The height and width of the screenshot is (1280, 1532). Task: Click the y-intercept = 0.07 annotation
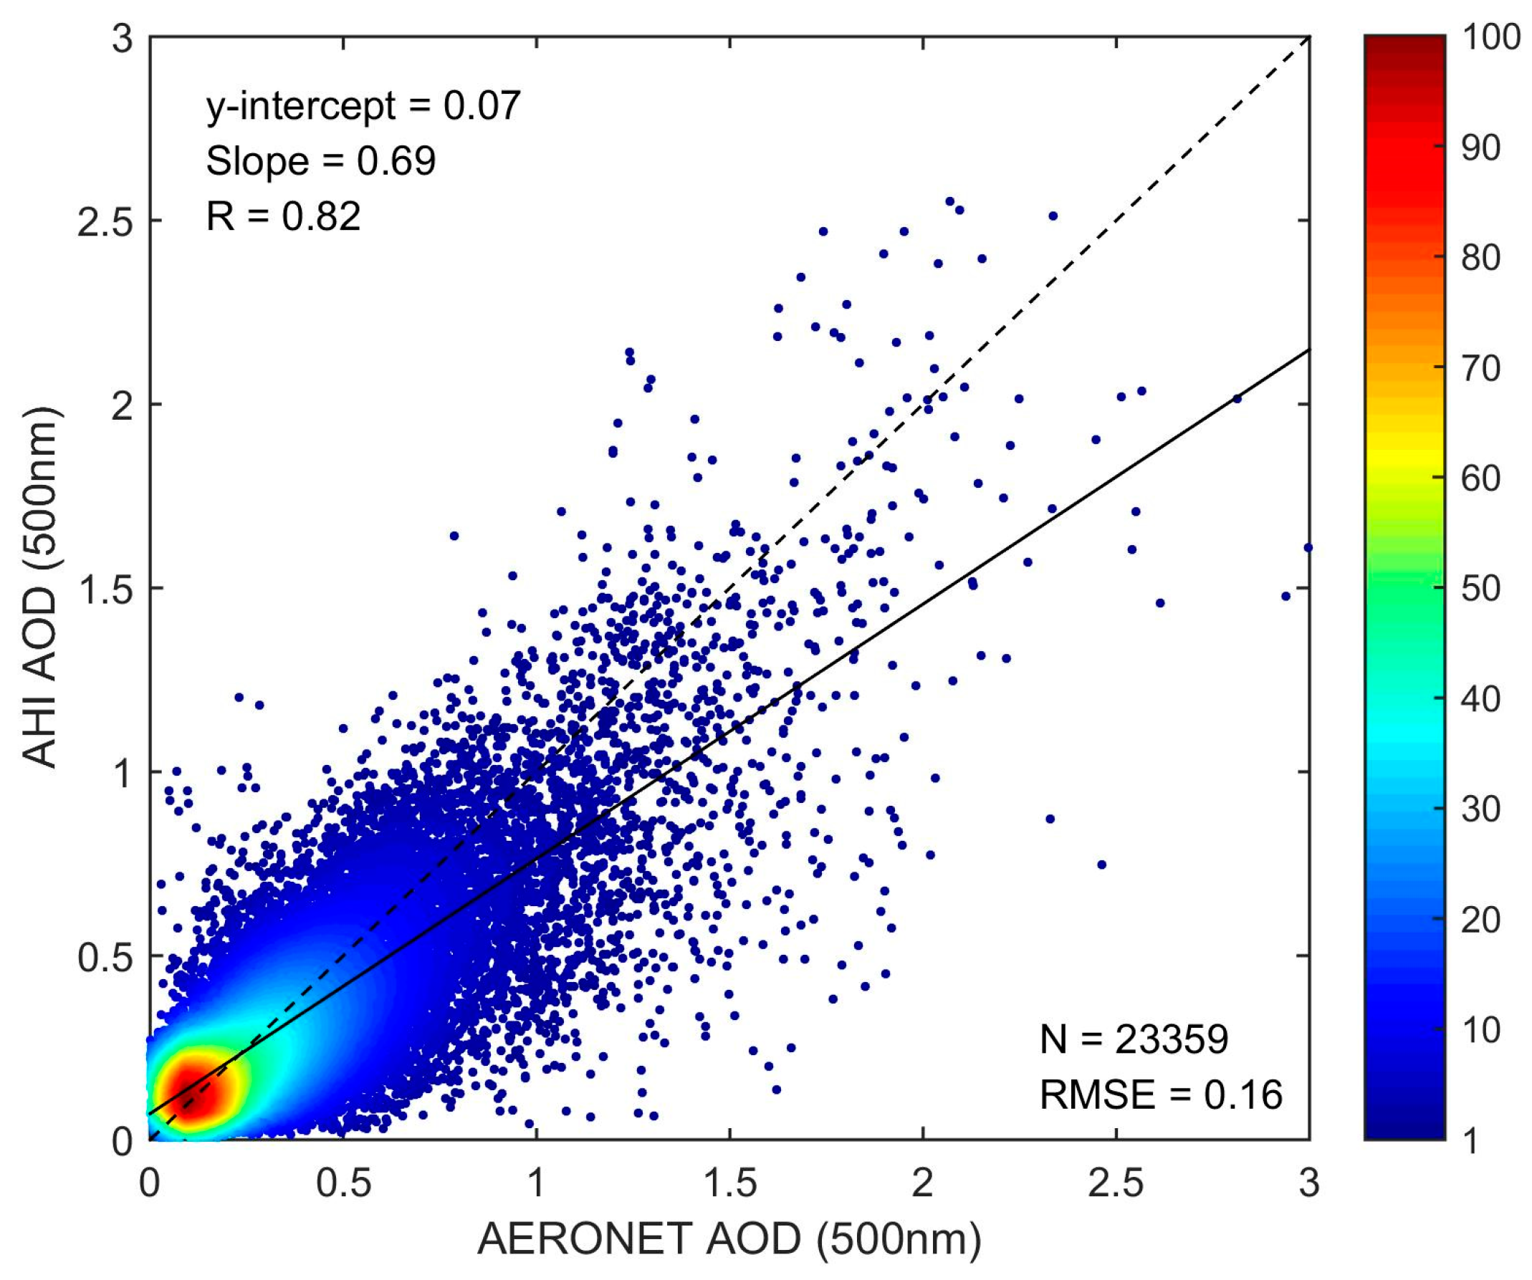(x=363, y=106)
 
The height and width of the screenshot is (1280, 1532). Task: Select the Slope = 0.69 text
(x=320, y=161)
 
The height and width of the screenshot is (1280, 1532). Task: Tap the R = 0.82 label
(x=283, y=216)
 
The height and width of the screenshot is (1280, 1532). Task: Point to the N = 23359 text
(x=1134, y=1039)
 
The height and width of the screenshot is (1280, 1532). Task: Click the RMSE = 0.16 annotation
(x=1161, y=1094)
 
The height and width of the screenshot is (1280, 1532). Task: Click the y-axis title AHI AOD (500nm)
(x=40, y=587)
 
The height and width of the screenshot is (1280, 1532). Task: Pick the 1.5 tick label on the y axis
(x=106, y=589)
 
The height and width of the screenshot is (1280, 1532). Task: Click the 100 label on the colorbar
(x=1491, y=38)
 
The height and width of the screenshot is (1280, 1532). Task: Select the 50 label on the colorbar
(x=1481, y=589)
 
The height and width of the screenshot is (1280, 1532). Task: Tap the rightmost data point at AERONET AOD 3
(x=1308, y=548)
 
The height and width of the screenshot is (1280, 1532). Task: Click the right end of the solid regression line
(x=1308, y=350)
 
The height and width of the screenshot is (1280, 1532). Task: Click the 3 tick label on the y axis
(x=123, y=38)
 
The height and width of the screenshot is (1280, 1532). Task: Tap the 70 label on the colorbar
(x=1481, y=368)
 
